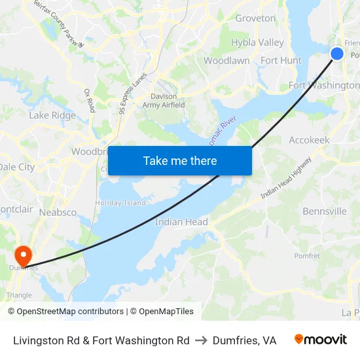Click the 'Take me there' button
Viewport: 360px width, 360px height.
pyautogui.click(x=180, y=160)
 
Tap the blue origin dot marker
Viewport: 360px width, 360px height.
pyautogui.click(x=337, y=54)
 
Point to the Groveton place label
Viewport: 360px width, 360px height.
pyautogui.click(x=255, y=18)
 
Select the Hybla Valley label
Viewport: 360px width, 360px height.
pyautogui.click(x=257, y=43)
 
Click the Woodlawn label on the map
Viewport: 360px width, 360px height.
pyautogui.click(x=226, y=60)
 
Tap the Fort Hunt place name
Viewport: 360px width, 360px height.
pyautogui.click(x=281, y=60)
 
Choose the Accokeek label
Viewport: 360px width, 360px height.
pyautogui.click(x=309, y=140)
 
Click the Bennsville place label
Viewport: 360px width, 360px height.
pyautogui.click(x=324, y=211)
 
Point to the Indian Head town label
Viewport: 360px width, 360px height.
pyautogui.click(x=181, y=222)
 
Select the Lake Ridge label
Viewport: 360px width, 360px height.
pyautogui.click(x=52, y=115)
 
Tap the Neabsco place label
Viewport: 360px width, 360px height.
pyautogui.click(x=58, y=213)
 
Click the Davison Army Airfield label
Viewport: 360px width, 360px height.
pyautogui.click(x=164, y=101)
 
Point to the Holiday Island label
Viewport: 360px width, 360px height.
pyautogui.click(x=120, y=203)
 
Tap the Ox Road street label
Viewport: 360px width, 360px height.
pyautogui.click(x=90, y=100)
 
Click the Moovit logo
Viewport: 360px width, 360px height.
pyautogui.click(x=321, y=340)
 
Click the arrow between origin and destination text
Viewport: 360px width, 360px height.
pyautogui.click(x=201, y=340)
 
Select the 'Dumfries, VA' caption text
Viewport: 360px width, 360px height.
pyautogui.click(x=244, y=340)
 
